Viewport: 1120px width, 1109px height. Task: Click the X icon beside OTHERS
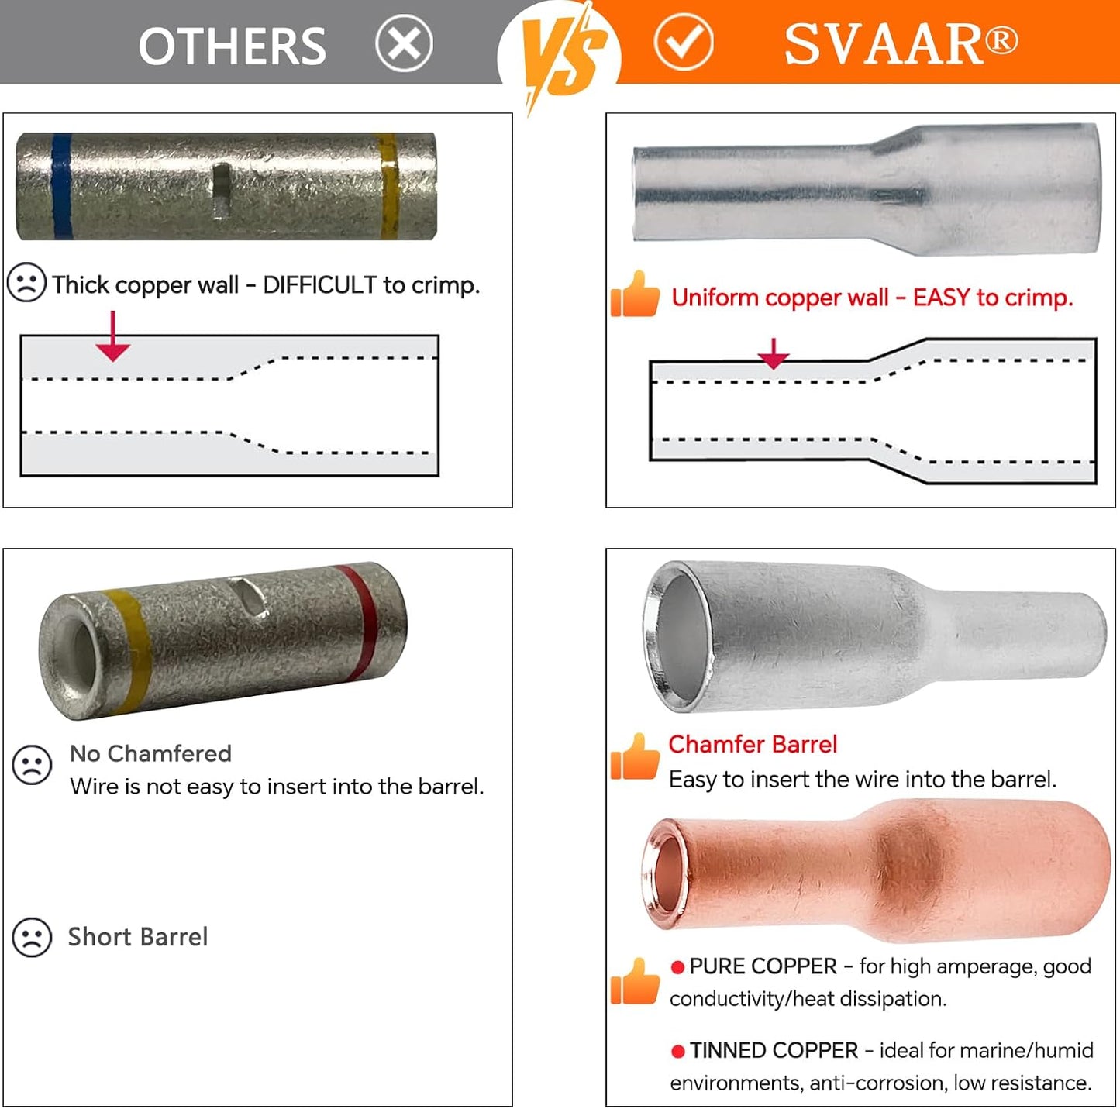404,43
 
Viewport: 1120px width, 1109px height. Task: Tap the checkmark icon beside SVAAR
684,42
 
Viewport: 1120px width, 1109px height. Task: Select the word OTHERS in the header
232,46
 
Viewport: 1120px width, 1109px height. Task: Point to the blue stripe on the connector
61,186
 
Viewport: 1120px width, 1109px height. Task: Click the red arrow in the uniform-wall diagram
773,353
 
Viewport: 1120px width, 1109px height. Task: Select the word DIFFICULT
319,285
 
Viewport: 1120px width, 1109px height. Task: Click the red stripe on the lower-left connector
361,621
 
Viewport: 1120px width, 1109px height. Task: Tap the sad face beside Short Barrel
32,937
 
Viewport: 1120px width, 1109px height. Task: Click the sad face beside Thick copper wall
26,282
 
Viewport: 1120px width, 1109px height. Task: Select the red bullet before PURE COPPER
677,966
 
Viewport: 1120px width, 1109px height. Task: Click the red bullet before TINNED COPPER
677,1051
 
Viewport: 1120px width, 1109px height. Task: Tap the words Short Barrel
138,937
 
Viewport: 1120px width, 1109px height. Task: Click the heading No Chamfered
150,753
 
